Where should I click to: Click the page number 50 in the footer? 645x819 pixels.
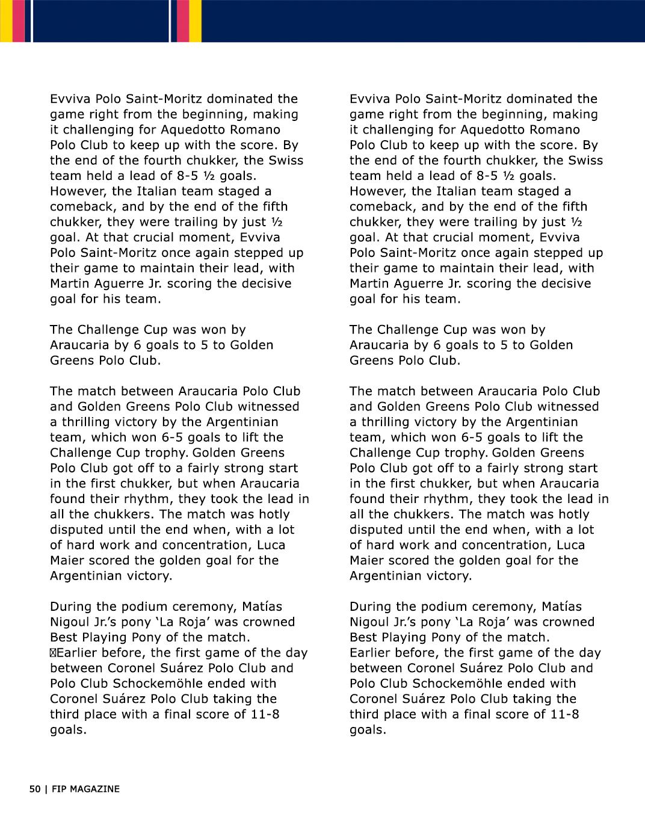pyautogui.click(x=34, y=789)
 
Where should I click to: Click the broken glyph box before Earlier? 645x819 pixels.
pyautogui.click(x=53, y=653)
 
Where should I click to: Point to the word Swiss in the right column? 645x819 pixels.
pyautogui.click(x=585, y=160)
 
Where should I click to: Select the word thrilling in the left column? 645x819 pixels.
pyautogui.click(x=85, y=422)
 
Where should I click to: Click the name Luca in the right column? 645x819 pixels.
pyautogui.click(x=570, y=545)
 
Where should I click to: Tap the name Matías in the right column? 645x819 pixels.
pyautogui.click(x=562, y=607)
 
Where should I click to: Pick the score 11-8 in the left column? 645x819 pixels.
pyautogui.click(x=264, y=714)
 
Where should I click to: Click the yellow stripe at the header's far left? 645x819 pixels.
pyautogui.click(x=5, y=21)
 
